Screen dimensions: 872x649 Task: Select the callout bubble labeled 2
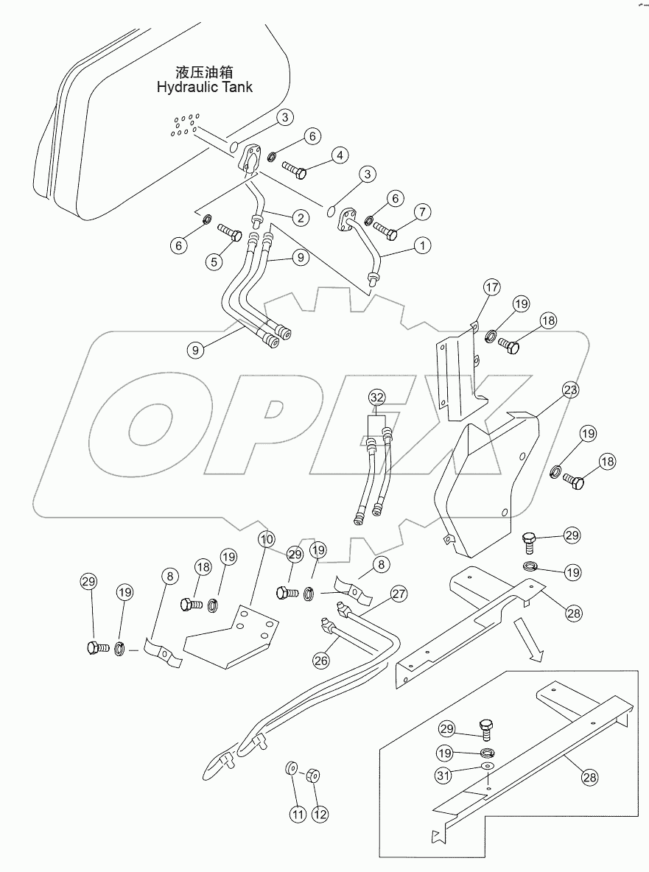click(x=299, y=217)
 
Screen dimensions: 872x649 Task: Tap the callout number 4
click(x=340, y=155)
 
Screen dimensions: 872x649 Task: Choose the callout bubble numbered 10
click(x=267, y=538)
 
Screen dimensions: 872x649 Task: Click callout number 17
click(x=491, y=287)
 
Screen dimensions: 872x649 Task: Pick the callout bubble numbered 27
click(x=399, y=594)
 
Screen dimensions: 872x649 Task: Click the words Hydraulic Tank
click(x=205, y=87)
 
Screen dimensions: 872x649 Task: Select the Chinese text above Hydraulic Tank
click(x=205, y=72)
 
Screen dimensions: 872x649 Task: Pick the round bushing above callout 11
click(x=292, y=770)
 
